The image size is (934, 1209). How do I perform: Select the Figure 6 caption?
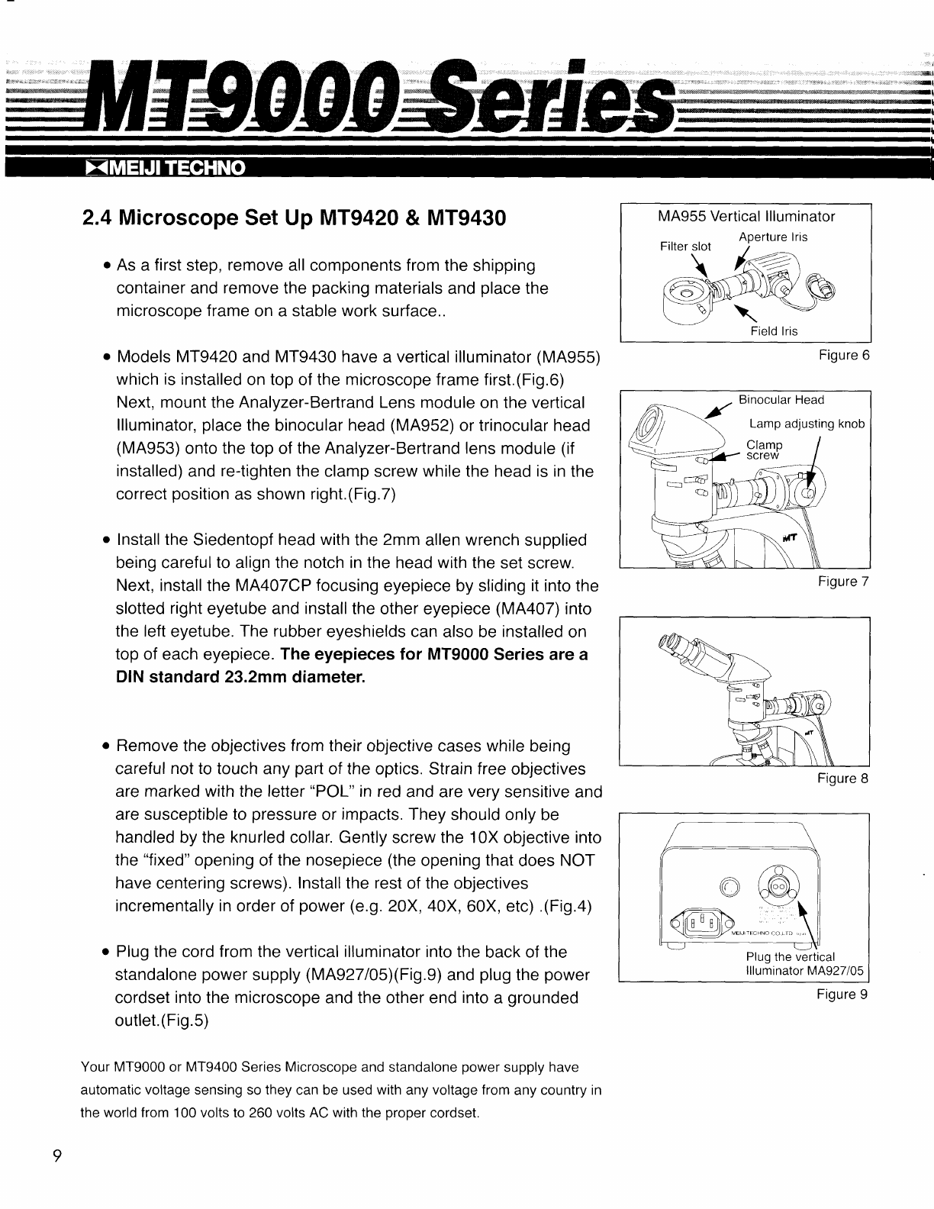[x=843, y=356]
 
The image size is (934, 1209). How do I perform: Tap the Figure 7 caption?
[x=843, y=582]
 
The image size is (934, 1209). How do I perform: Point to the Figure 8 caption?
[x=843, y=779]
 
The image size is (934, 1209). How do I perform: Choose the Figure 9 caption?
[x=843, y=995]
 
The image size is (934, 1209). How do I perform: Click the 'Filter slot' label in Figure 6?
[x=684, y=247]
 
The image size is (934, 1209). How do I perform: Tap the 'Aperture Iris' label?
[x=773, y=237]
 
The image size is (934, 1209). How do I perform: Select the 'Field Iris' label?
[x=774, y=331]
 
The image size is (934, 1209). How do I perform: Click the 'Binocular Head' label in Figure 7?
[x=781, y=400]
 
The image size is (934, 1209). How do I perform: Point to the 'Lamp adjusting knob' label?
[x=807, y=424]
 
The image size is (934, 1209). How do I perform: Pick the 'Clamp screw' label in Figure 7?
[x=764, y=450]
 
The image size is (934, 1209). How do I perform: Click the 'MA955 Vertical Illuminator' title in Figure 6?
[x=746, y=217]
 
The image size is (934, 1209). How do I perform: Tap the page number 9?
[x=56, y=1155]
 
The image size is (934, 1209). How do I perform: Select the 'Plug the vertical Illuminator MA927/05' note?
[x=804, y=964]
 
